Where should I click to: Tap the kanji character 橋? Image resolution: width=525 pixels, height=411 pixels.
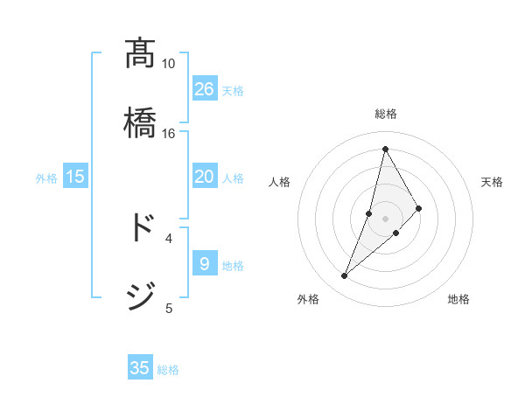[140, 122]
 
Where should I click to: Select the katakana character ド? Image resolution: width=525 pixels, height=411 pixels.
[140, 226]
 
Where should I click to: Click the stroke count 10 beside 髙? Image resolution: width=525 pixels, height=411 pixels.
[168, 64]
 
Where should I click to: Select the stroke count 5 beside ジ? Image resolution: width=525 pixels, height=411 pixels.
[169, 308]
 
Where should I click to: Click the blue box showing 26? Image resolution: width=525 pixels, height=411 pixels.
[205, 89]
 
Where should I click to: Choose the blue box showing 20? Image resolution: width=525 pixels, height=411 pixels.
[205, 177]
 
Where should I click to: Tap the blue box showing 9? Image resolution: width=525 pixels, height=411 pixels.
[205, 264]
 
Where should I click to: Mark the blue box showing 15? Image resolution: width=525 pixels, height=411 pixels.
[75, 177]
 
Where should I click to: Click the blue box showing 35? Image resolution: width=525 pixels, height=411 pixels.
[140, 368]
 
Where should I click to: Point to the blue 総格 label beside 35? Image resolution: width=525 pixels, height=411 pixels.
[168, 370]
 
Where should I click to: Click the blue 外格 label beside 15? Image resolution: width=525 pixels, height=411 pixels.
[46, 178]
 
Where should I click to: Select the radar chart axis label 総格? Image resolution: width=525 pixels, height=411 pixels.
[385, 114]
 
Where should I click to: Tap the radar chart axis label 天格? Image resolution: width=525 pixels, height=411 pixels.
[492, 182]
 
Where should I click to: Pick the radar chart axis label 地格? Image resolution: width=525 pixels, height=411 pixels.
[458, 299]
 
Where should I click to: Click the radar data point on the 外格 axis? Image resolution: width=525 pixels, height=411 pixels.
[345, 276]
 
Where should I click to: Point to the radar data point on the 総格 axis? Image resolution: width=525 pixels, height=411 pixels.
[385, 148]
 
